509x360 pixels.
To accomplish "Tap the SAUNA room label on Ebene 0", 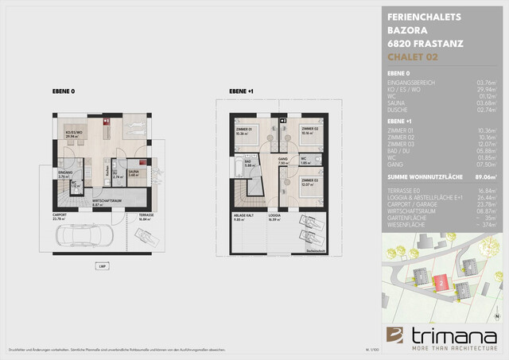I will point(134,170).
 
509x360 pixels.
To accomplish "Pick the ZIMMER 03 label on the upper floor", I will point(310,181).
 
